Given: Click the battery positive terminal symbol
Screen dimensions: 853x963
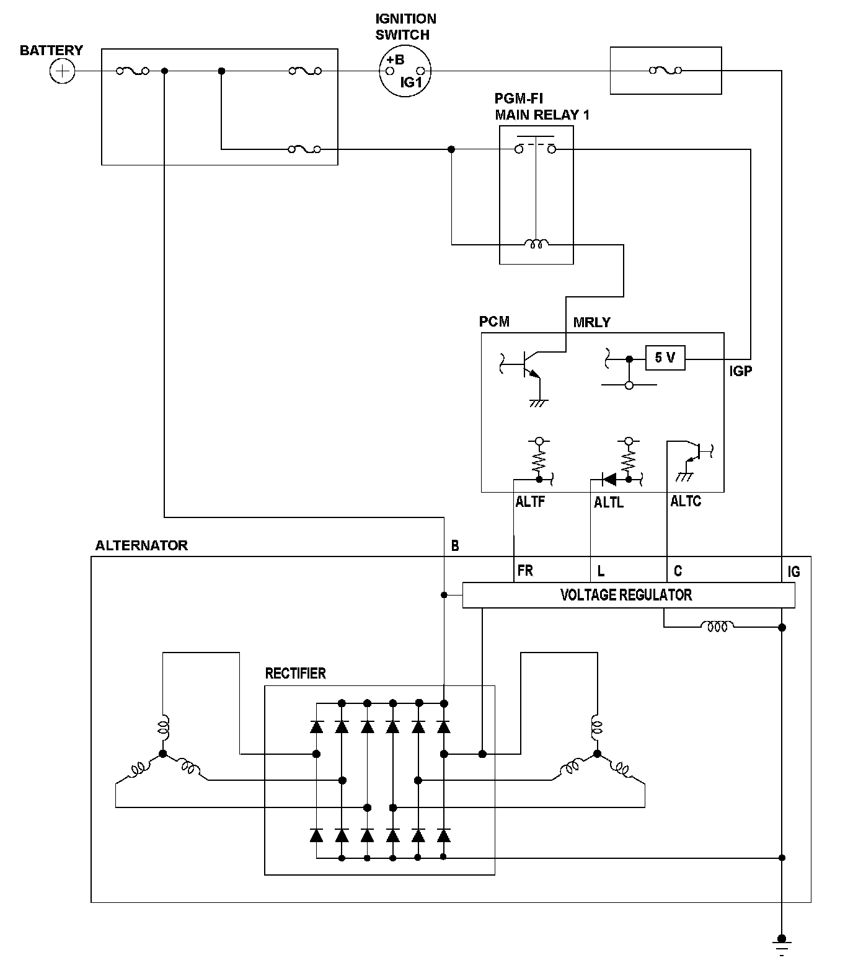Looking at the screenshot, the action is click(62, 71).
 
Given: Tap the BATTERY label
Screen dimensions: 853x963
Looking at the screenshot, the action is click(51, 50).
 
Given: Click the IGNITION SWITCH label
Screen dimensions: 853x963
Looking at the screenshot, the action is click(406, 27).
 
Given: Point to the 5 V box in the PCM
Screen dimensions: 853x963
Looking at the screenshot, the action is click(665, 358).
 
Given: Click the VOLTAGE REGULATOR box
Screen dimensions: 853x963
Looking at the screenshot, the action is click(629, 595).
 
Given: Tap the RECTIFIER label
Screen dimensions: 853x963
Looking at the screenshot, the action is click(295, 674).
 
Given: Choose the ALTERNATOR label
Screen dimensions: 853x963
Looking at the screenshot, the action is click(141, 545).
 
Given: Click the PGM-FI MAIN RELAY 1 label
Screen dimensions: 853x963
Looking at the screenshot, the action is click(542, 107).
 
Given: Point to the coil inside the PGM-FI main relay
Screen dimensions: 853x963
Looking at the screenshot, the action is click(536, 244).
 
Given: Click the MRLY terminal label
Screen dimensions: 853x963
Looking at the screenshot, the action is click(591, 322).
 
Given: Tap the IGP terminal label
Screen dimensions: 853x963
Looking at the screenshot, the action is click(741, 372).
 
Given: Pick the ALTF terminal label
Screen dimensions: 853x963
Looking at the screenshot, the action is click(530, 502).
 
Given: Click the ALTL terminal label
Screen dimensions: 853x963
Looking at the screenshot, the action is click(609, 503).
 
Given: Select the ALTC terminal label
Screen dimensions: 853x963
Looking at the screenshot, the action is click(686, 501).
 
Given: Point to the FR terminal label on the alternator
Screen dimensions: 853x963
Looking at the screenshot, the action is click(525, 570).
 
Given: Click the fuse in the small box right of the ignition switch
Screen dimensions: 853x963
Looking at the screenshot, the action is click(665, 71).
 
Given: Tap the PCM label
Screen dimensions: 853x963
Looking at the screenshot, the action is click(494, 322).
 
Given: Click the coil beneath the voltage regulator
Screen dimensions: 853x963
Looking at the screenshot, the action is click(717, 627).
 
